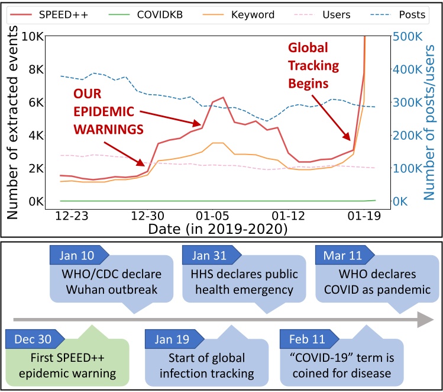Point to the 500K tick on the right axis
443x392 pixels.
(x=408, y=36)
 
